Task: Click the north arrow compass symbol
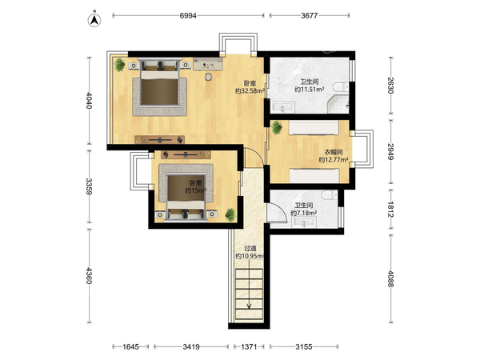(x=94, y=19)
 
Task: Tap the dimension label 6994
(x=188, y=16)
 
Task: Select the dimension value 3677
(x=310, y=16)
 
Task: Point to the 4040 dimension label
(x=89, y=100)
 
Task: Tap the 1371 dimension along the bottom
(x=249, y=347)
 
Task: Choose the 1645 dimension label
(x=130, y=347)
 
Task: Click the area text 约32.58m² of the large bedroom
(x=250, y=91)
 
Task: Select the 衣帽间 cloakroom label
(x=334, y=152)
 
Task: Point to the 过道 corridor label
(x=250, y=249)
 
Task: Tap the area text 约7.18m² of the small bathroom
(x=304, y=213)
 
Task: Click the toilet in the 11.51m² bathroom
(x=342, y=87)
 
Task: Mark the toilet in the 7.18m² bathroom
(x=330, y=194)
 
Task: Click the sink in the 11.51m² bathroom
(x=282, y=107)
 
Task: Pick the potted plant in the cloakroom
(x=277, y=127)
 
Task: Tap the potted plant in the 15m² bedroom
(x=230, y=214)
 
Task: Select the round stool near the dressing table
(x=209, y=77)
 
